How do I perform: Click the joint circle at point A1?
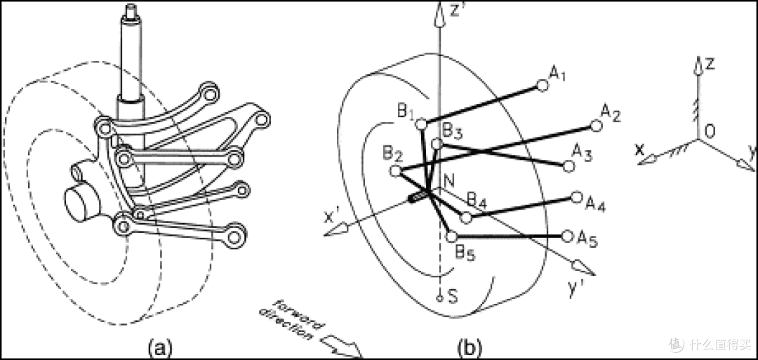[x=543, y=86]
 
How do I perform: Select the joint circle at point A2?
[x=597, y=126]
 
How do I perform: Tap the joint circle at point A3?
[x=569, y=166]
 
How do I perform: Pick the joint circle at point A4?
[x=577, y=197]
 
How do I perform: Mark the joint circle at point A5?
[x=568, y=236]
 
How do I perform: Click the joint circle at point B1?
[x=421, y=124]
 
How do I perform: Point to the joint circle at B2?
[x=395, y=171]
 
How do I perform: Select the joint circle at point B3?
[x=437, y=144]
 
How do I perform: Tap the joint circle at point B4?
[x=466, y=218]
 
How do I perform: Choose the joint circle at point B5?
[x=451, y=236]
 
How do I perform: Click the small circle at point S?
[x=439, y=298]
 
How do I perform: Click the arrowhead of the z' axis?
[x=439, y=15]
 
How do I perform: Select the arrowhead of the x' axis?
[x=335, y=229]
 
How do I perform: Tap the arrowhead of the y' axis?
[x=583, y=267]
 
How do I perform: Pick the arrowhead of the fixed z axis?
[x=698, y=66]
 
